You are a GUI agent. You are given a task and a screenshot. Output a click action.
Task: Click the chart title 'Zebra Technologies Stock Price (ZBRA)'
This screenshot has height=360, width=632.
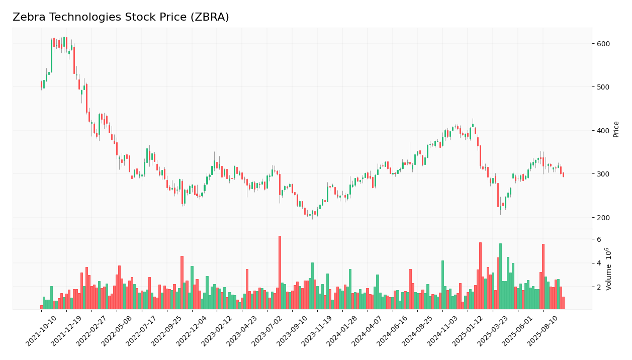(121, 17)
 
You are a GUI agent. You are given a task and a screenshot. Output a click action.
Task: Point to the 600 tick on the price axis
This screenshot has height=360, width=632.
(603, 44)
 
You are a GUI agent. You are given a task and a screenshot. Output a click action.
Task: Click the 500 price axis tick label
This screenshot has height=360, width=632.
(603, 87)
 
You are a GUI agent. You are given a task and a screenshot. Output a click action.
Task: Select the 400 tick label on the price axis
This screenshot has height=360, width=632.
(603, 131)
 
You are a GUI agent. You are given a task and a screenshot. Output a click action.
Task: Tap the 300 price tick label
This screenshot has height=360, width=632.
(603, 174)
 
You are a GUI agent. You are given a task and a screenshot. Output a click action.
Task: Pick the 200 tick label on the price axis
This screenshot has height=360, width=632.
(603, 218)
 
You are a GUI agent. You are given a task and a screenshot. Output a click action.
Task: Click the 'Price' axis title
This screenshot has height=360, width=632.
(616, 129)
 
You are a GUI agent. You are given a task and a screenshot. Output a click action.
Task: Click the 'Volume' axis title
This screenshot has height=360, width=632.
(609, 269)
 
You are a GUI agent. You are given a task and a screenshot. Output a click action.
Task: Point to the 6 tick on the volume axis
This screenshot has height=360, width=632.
(599, 239)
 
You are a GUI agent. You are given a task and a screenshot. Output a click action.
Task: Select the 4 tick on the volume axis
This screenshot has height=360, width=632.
(599, 263)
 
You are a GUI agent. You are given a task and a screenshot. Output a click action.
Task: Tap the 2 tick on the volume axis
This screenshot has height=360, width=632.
(599, 287)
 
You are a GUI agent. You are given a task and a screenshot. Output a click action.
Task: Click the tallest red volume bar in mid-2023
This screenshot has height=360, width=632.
(280, 273)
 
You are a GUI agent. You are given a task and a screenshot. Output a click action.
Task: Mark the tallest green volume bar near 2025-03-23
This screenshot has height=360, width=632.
(500, 276)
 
